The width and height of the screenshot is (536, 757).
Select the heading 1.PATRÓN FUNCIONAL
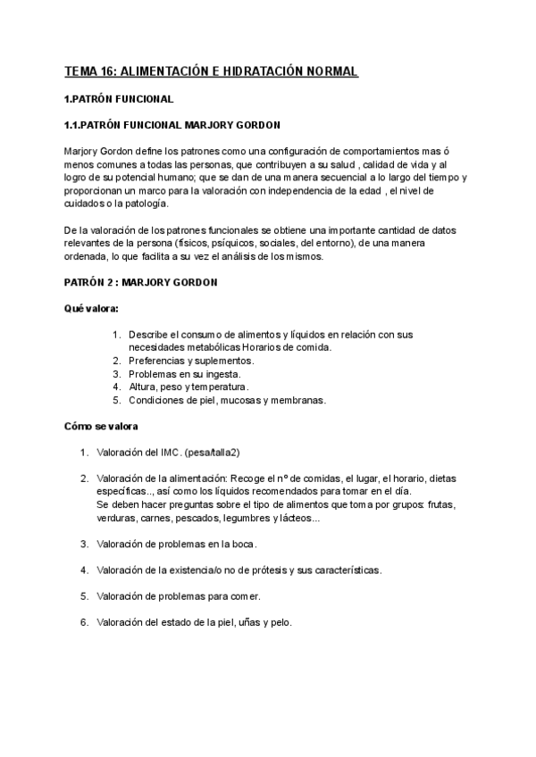120,98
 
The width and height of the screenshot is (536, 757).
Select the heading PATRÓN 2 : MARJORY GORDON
141,283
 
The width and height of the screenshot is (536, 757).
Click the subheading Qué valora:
91,309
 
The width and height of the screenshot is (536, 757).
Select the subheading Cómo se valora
100,426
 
